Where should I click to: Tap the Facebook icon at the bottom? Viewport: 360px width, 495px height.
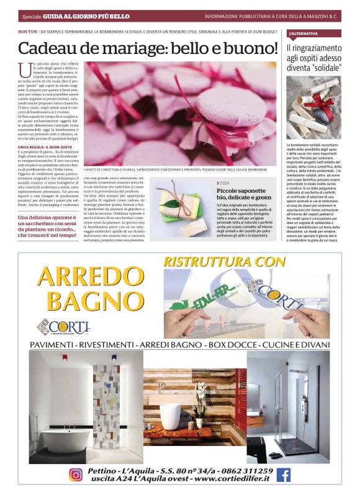click(284, 475)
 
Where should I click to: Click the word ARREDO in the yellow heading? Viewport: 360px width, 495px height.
click(90, 276)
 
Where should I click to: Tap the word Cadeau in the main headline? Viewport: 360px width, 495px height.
click(54, 48)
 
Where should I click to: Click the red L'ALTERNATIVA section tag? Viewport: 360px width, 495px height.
click(304, 32)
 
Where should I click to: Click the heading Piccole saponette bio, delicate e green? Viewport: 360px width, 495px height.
click(245, 193)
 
